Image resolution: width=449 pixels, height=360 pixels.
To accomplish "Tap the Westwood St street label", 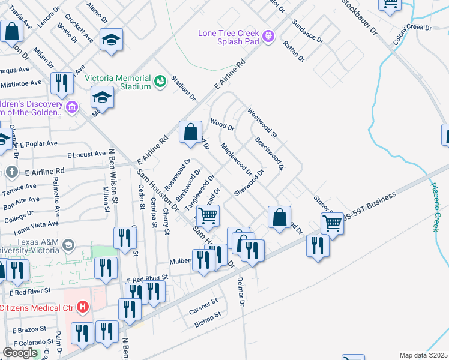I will (x=262, y=122).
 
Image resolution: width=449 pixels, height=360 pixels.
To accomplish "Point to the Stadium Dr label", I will (x=184, y=88).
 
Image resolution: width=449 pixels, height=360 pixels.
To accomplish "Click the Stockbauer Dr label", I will (x=358, y=16).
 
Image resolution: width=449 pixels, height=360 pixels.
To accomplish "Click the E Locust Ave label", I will (x=86, y=155).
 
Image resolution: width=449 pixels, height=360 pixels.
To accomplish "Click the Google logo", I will (x=20, y=352).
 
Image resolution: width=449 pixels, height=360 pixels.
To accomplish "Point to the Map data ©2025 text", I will (x=423, y=355).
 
